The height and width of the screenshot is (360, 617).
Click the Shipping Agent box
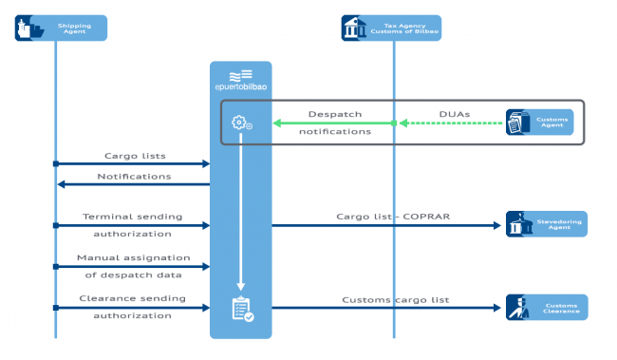pos(61,28)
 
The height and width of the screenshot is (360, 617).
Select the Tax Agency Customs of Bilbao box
pos(391,28)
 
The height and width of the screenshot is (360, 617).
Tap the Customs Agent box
pos(539,122)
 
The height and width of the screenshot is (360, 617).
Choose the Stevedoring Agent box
pos(546,224)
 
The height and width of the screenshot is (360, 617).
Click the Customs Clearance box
pos(546,307)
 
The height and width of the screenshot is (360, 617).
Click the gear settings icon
pos(240,123)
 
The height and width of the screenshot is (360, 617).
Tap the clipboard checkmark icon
pos(241,309)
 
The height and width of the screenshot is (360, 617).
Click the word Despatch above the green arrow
pos(334,113)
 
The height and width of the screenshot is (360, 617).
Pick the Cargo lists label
pos(133,155)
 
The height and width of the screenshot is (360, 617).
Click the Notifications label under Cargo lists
pos(133,176)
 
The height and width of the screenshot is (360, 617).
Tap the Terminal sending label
pos(133,217)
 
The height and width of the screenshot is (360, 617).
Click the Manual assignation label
pos(133,257)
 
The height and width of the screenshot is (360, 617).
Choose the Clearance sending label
pos(133,299)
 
